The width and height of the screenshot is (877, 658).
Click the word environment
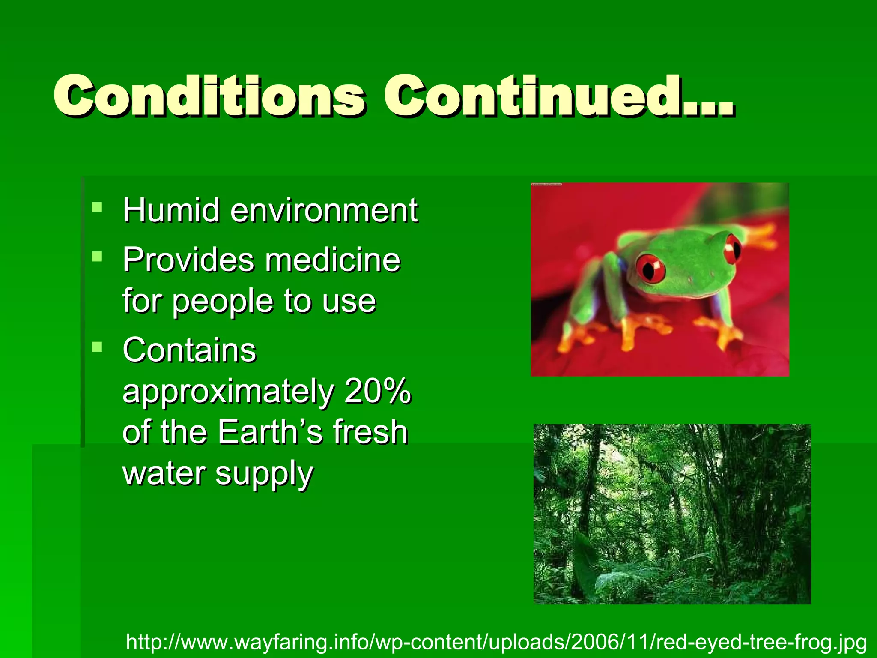click(x=324, y=211)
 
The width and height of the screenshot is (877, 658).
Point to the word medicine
click(x=333, y=260)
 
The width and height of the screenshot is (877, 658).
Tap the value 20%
click(x=377, y=391)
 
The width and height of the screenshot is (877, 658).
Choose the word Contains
click(x=189, y=350)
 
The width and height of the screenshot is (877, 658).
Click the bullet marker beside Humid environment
click(x=97, y=208)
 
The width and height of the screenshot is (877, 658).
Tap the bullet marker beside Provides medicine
click(x=97, y=257)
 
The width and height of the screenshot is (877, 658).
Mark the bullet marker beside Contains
click(x=97, y=347)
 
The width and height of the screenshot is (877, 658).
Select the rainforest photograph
click(x=672, y=514)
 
